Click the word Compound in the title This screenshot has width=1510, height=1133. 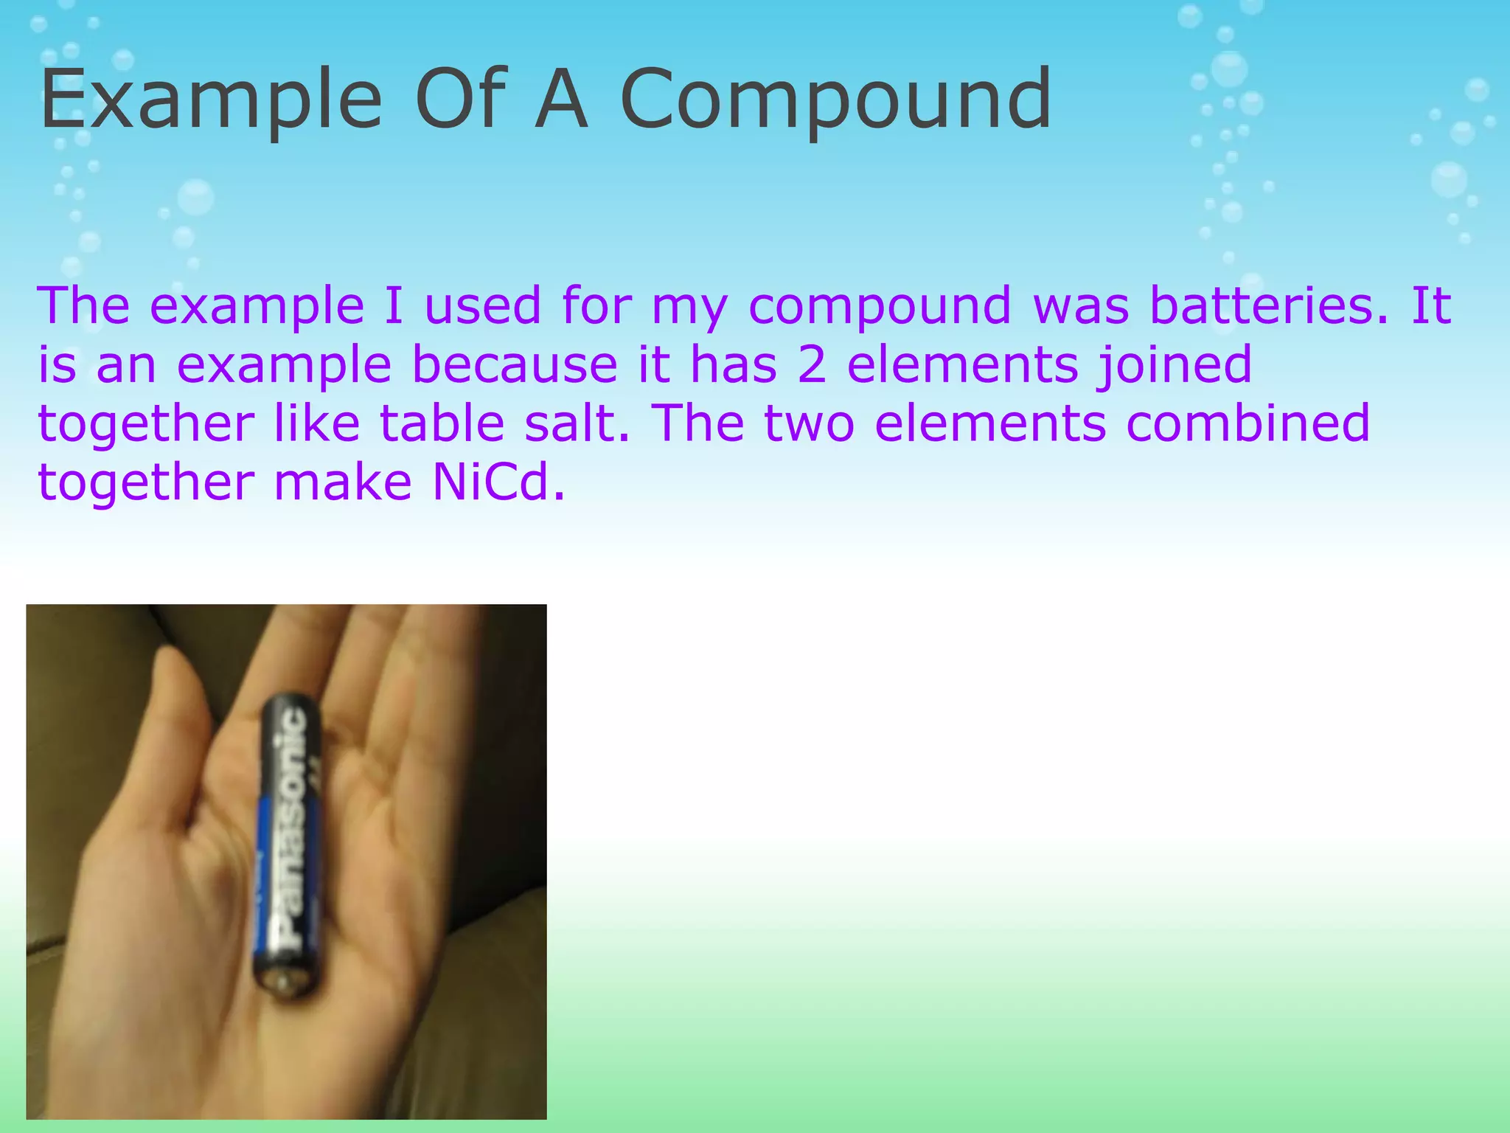coord(835,99)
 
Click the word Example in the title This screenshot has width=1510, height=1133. coord(211,99)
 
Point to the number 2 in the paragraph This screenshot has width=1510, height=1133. coord(812,364)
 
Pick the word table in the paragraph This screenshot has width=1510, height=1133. coord(441,423)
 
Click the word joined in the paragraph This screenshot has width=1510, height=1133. coord(1174,364)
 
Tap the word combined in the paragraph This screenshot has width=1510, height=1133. coord(1248,423)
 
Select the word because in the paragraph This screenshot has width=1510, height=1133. coord(515,364)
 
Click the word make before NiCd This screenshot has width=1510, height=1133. coord(342,482)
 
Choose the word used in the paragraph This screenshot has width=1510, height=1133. coord(483,305)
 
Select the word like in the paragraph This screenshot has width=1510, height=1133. coord(316,423)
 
